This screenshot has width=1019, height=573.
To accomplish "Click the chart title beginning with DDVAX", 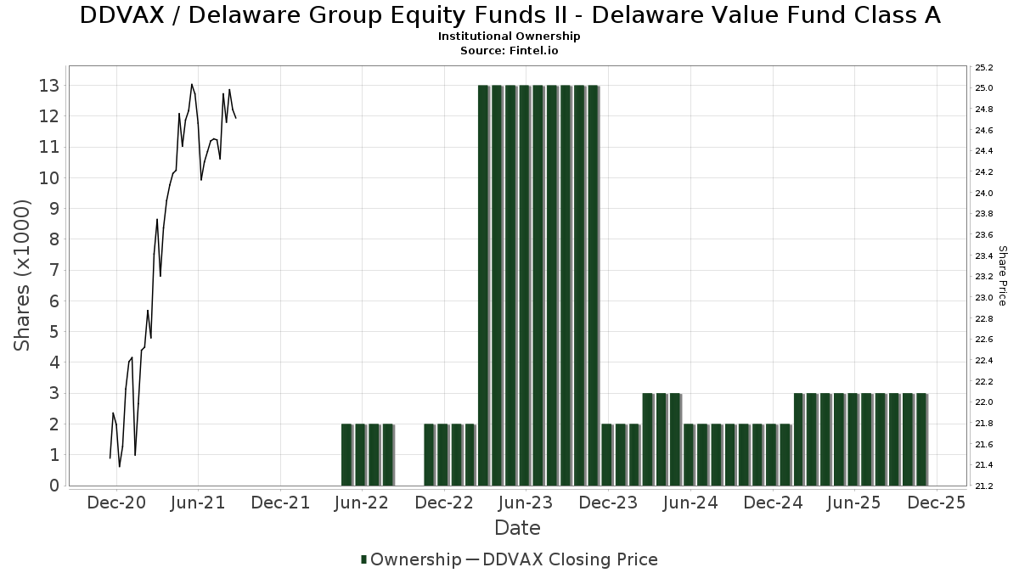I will (509, 15).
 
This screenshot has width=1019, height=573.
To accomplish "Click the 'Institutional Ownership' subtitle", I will (509, 37).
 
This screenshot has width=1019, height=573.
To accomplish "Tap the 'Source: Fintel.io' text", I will (509, 50).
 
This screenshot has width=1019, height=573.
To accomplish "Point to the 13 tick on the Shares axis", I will (48, 86).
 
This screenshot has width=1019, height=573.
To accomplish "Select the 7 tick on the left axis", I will (53, 270).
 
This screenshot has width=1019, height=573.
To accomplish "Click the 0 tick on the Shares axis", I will (53, 486).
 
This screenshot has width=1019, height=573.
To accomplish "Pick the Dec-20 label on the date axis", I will (116, 503).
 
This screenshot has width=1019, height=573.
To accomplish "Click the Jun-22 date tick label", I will (362, 503).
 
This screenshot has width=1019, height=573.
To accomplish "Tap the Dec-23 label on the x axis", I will (608, 503).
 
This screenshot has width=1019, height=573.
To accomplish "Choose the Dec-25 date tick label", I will (937, 503).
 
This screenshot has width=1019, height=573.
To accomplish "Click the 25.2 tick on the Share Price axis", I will (984, 68).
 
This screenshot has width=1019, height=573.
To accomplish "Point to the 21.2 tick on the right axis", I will (984, 486).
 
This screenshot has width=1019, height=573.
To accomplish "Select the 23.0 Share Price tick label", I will (984, 298).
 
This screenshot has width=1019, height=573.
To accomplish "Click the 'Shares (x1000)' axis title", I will (23, 275).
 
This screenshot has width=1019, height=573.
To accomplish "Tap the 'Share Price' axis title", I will (1002, 276).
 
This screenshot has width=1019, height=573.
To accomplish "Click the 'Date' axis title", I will (517, 528).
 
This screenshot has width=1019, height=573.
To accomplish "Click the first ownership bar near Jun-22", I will (346, 454).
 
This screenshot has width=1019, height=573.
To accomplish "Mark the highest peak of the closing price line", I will (192, 84).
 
